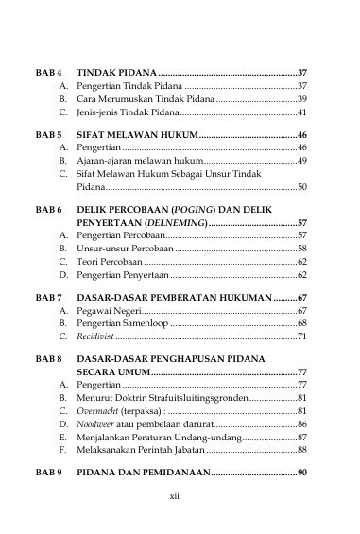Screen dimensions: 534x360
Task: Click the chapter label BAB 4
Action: [49, 72]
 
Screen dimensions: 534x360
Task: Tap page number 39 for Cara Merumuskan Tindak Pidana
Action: [302, 98]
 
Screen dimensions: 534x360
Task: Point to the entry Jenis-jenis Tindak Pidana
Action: [127, 112]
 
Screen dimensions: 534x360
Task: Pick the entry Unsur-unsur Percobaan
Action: [125, 247]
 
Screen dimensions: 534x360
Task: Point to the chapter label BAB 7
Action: [49, 298]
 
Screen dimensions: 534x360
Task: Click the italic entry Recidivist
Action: [95, 336]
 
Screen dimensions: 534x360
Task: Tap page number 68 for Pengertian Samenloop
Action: [302, 323]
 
